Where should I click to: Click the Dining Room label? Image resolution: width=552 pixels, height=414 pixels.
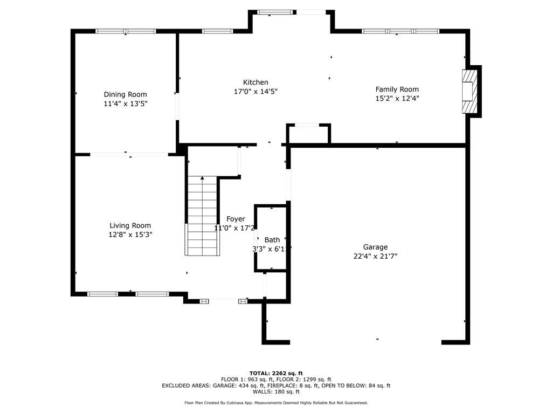point(125,94)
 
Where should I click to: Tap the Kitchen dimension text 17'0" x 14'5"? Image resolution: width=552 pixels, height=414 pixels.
point(255,92)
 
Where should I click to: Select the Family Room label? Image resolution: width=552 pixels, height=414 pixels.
point(397,89)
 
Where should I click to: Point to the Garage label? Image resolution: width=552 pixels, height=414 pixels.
point(375,247)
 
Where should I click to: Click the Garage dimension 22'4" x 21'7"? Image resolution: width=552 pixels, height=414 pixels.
point(375,257)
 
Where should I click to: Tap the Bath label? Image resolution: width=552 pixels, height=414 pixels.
point(272,240)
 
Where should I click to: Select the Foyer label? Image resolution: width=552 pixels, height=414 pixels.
point(236,219)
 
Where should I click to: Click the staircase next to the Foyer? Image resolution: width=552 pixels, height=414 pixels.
point(203,216)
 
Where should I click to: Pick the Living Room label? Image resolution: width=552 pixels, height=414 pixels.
point(130,225)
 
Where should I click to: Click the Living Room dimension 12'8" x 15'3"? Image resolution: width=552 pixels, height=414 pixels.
point(130,234)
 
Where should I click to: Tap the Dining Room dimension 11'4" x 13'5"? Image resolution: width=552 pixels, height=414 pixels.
point(125,103)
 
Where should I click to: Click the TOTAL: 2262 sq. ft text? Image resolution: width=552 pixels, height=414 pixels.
point(276,373)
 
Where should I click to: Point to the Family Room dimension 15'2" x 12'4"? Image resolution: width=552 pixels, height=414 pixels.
point(397,99)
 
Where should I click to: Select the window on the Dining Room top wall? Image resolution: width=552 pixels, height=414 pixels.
point(126,31)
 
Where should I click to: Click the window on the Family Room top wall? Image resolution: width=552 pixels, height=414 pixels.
point(401,31)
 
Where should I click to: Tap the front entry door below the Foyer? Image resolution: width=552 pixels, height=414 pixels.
point(224,300)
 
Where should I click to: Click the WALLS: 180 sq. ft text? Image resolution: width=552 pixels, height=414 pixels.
point(276,392)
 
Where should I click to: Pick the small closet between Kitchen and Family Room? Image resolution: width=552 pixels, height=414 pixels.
point(308,135)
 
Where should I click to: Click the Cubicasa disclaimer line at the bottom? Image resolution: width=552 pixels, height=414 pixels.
point(276,403)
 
